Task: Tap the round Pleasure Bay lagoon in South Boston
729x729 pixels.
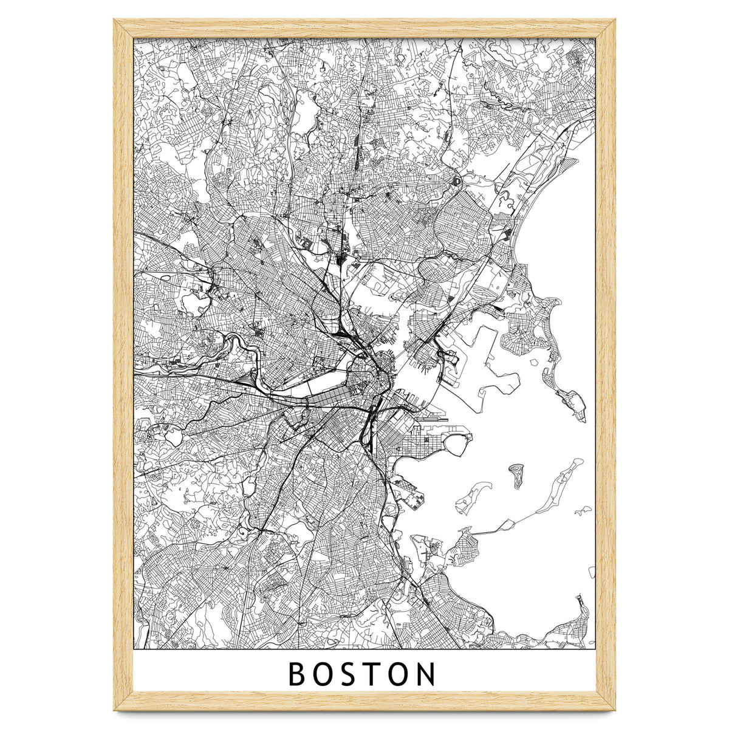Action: [x=458, y=447]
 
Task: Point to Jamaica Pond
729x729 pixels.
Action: [x=248, y=486]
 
